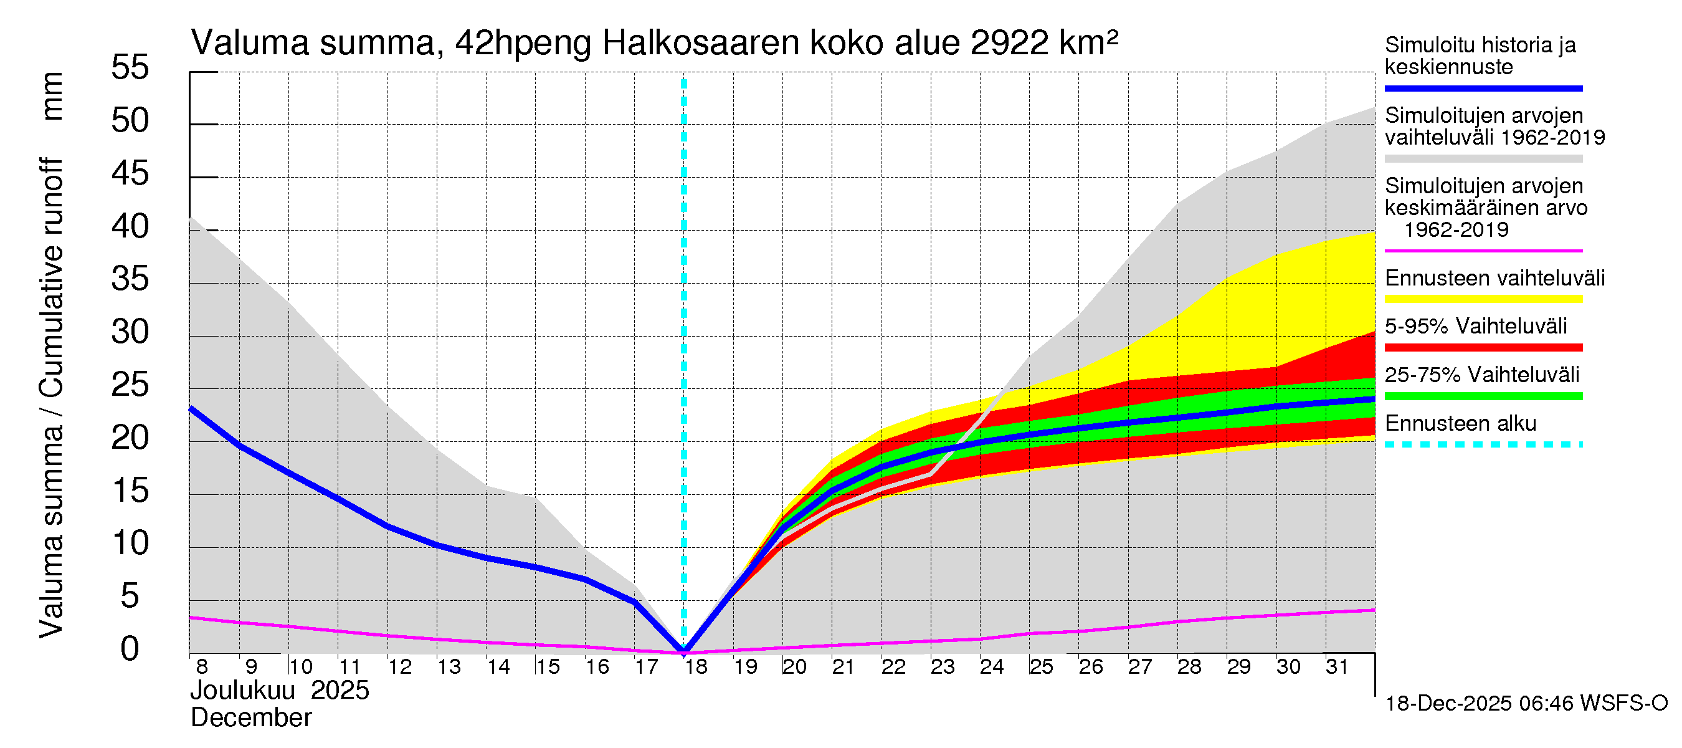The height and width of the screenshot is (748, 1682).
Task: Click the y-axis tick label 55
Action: pyautogui.click(x=130, y=68)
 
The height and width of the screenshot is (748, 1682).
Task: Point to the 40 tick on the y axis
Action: pyautogui.click(x=130, y=227)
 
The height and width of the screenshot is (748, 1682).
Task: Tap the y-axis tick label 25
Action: pyautogui.click(x=130, y=385)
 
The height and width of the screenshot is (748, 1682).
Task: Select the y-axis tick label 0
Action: pyautogui.click(x=130, y=650)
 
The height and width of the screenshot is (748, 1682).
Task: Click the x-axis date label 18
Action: pyautogui.click(x=696, y=667)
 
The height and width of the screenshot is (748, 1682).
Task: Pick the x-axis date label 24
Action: pyautogui.click(x=992, y=667)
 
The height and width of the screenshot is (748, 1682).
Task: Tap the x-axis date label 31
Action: pyautogui.click(x=1337, y=667)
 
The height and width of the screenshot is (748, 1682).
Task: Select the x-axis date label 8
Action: pyautogui.click(x=202, y=667)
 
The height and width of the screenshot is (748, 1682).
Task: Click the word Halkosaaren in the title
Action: pyautogui.click(x=701, y=43)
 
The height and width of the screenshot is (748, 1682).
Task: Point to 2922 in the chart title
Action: pyautogui.click(x=1009, y=43)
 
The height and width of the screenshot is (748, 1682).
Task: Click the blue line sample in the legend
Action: pyautogui.click(x=1483, y=88)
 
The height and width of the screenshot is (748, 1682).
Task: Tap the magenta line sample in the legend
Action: pyautogui.click(x=1483, y=251)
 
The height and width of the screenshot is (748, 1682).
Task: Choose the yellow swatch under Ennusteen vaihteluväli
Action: pyautogui.click(x=1483, y=299)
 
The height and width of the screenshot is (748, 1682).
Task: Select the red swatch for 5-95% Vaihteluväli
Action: pyautogui.click(x=1483, y=348)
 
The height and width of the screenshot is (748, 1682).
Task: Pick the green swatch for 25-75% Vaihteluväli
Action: pyautogui.click(x=1483, y=396)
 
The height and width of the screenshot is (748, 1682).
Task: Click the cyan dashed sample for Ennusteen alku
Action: pyautogui.click(x=1483, y=445)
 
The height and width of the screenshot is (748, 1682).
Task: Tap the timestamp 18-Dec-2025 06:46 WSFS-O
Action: pyautogui.click(x=1526, y=704)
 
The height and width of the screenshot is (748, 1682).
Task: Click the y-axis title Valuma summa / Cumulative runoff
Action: pyautogui.click(x=51, y=397)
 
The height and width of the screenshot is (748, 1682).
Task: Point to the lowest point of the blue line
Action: pyautogui.click(x=683, y=651)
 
